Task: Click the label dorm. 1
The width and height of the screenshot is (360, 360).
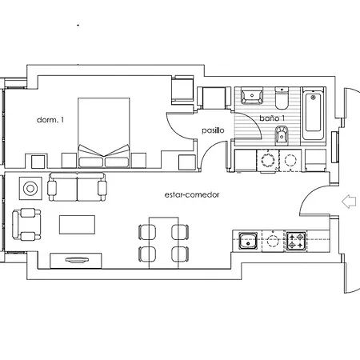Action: pos(50,120)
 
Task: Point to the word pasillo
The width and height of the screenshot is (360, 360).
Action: pos(212,130)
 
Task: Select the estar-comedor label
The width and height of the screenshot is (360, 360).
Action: pos(191,194)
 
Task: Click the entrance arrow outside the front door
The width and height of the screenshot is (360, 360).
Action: pos(349,202)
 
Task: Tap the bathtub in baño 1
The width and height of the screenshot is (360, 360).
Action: pos(314,115)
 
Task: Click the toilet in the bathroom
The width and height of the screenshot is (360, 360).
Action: pos(282,99)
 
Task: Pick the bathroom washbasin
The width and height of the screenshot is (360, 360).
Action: pos(252,98)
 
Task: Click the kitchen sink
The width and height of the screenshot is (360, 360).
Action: pos(247,238)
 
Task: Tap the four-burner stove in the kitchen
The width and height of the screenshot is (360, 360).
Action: pos(297,238)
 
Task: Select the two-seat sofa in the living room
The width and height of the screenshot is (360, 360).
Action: pos(77,189)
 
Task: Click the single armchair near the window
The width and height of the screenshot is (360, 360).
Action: pos(28,224)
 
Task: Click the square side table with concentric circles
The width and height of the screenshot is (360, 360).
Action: pos(30,189)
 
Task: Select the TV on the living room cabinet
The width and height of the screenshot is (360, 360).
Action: pos(78,258)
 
